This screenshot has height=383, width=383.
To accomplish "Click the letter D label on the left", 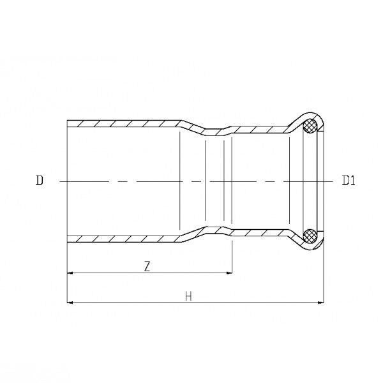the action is tap(40, 180).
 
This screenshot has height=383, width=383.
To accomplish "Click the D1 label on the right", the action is tap(349, 180).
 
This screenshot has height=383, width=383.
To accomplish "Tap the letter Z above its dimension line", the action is tap(147, 266).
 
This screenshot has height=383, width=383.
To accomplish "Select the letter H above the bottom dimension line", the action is tap(188, 297).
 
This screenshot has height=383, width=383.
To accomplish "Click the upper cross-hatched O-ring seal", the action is tap(310, 126).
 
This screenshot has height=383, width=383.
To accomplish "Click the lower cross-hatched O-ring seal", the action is tap(310, 236).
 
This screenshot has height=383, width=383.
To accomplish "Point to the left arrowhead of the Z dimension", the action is tap(70, 273).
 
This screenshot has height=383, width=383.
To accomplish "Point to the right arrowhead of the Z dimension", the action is tap(229, 273).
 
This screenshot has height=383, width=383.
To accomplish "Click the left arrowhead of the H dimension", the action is tap(70, 303).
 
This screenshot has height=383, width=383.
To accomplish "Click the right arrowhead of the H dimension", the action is tap(320, 303).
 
